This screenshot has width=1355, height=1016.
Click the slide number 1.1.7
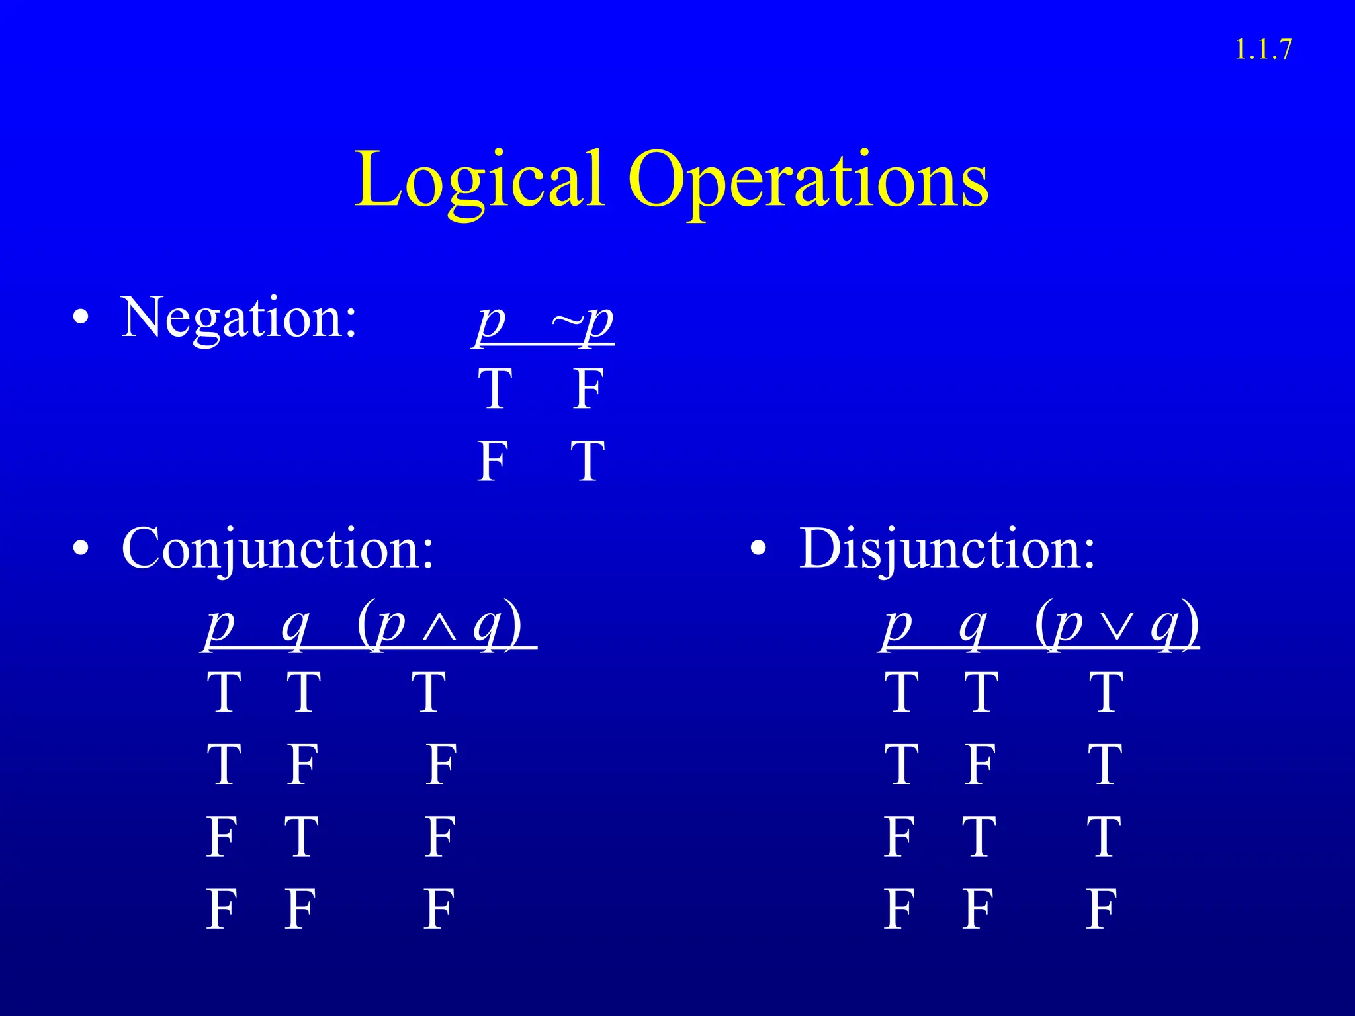tap(1262, 50)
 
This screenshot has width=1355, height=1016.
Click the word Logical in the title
tap(479, 180)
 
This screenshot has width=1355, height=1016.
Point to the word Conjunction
tap(278, 549)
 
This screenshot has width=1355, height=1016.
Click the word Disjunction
tap(947, 549)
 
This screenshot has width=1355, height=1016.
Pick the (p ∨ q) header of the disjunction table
tap(1117, 624)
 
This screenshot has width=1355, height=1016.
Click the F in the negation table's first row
tap(588, 390)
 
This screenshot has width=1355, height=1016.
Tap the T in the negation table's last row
tap(588, 461)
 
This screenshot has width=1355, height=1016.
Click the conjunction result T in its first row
tap(428, 693)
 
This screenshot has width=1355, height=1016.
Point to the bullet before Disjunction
tap(758, 549)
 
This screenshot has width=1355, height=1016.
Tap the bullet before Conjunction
tap(81, 549)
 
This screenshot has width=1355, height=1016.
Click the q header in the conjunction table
tap(295, 626)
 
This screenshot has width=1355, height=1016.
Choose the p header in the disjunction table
tap(898, 626)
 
